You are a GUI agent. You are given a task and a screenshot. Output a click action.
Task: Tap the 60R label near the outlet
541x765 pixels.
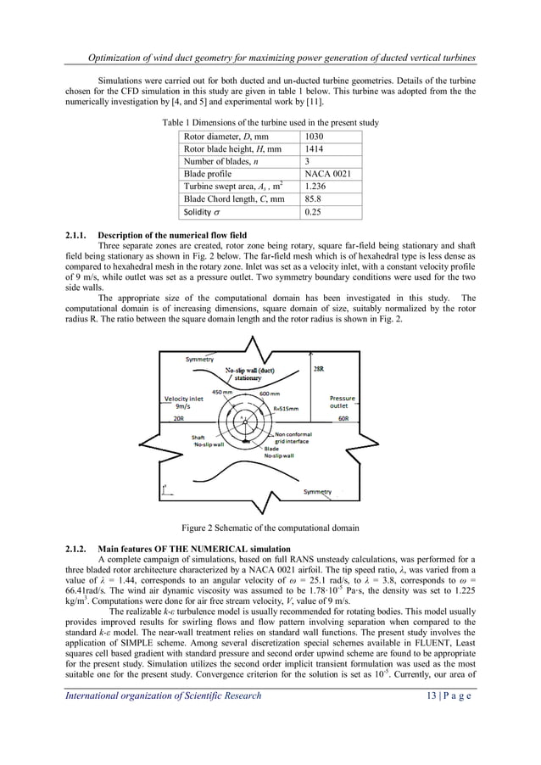click(x=344, y=418)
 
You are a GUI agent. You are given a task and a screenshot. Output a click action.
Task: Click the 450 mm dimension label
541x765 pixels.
click(x=223, y=392)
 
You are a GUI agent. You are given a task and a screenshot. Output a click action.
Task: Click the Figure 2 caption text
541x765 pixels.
click(x=270, y=528)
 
